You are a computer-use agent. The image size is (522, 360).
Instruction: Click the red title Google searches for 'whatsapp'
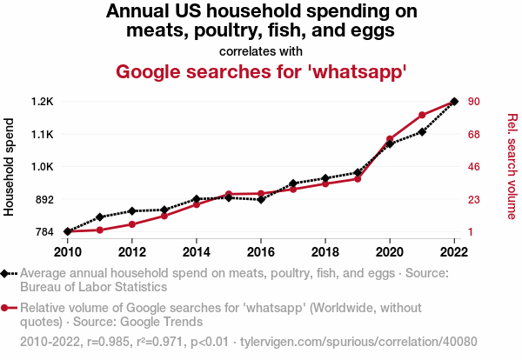point(261,72)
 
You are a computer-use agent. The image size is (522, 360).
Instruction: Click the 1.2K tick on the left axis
point(42,102)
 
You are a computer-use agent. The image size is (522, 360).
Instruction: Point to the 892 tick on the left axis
point(43,199)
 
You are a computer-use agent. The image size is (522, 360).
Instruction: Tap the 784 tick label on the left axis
point(43,232)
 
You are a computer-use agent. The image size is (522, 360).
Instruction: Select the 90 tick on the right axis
point(474,102)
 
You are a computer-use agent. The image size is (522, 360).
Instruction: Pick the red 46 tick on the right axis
point(474,167)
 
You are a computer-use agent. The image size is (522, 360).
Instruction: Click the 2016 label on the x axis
point(261,252)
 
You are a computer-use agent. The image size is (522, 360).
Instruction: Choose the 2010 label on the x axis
point(68,252)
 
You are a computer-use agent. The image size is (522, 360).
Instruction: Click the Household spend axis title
point(10,167)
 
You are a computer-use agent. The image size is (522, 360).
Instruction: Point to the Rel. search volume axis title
point(512,167)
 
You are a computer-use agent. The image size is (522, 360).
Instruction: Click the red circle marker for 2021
point(422,115)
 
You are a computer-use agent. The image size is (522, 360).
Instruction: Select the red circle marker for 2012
point(132,224)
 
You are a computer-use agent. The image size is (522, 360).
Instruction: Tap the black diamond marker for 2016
point(261,200)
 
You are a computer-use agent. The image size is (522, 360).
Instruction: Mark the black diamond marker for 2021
point(422,131)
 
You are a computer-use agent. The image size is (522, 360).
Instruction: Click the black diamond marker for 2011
point(100,217)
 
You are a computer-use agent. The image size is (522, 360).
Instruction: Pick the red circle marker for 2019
point(358,178)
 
